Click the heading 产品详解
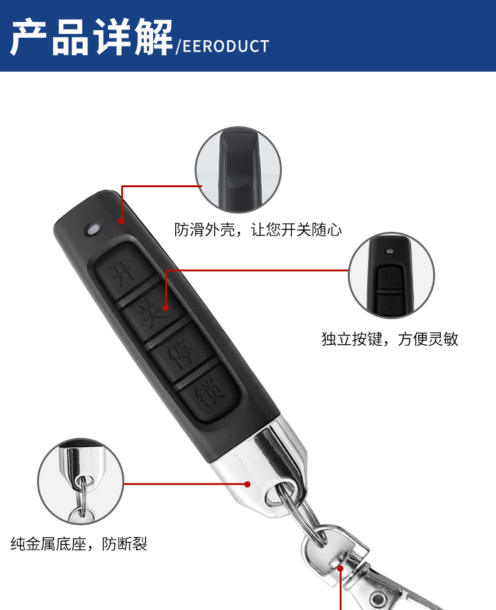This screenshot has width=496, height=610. [91, 37]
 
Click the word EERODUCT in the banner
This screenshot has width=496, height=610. [226, 46]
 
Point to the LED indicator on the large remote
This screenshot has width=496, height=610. [93, 229]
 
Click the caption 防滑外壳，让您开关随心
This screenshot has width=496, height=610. [257, 229]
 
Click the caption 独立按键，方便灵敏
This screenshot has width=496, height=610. [390, 339]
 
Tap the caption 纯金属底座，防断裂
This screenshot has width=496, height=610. [79, 543]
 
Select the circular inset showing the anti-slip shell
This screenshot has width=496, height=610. [238, 170]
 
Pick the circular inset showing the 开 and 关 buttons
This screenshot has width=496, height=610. [391, 275]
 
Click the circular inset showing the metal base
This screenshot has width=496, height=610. [80, 481]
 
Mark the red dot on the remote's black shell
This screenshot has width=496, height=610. [121, 221]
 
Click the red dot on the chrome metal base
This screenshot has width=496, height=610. [247, 484]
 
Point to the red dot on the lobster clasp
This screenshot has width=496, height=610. [340, 569]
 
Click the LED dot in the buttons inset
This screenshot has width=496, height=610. [389, 251]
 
